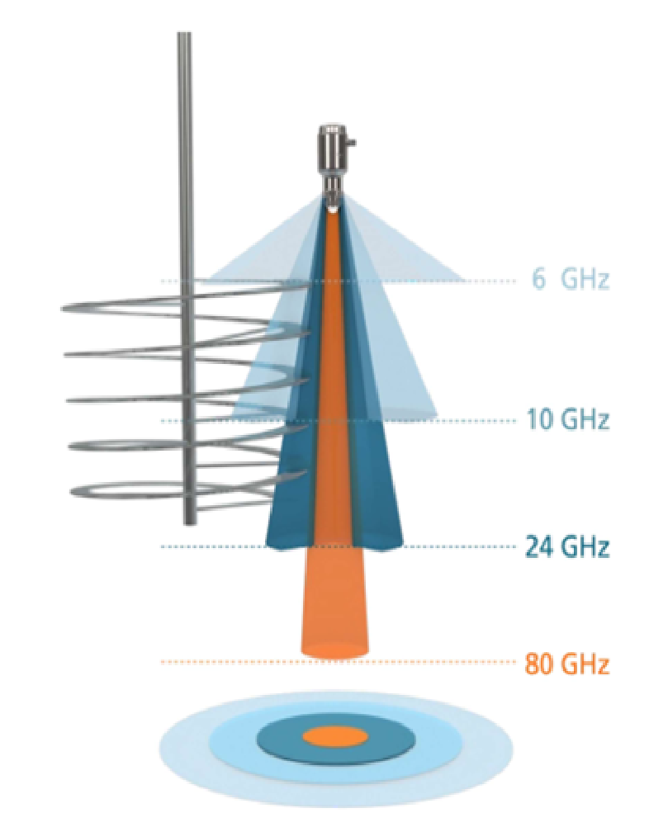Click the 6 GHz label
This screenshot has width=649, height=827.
[x=571, y=279]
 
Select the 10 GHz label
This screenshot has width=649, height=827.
[x=567, y=420]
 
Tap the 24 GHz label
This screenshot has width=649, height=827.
[x=567, y=546]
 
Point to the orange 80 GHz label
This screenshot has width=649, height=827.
[x=567, y=664]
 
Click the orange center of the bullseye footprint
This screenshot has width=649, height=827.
[x=334, y=736]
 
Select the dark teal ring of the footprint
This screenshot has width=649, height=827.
[x=281, y=737]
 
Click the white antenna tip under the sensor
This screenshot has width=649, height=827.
[x=334, y=210]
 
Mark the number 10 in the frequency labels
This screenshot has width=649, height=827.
[x=540, y=420]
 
